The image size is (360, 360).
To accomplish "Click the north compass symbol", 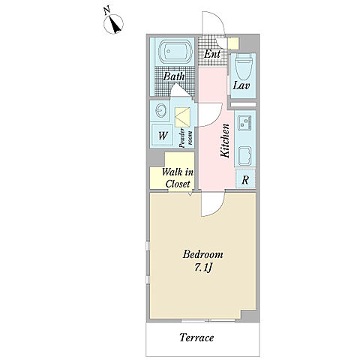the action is pyautogui.click(x=113, y=24).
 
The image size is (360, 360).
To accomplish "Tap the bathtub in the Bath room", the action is pyautogui.click(x=177, y=52).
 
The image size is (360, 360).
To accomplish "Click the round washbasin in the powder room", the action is pyautogui.click(x=160, y=110).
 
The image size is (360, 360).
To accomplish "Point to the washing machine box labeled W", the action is pyautogui.click(x=162, y=135).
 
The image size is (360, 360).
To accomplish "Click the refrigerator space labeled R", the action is pyautogui.click(x=245, y=178).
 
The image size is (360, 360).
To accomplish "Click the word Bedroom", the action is pyautogui.click(x=202, y=255).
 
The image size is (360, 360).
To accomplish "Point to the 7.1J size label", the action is pyautogui.click(x=203, y=268).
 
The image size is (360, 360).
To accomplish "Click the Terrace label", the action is pyautogui.click(x=196, y=337).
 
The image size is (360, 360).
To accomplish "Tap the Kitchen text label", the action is pyautogui.click(x=225, y=140).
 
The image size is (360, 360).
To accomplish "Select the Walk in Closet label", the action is pyautogui.click(x=178, y=178).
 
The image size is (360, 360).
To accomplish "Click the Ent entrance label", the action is pyautogui.click(x=212, y=54).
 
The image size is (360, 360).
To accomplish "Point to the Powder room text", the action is pyautogui.click(x=186, y=138).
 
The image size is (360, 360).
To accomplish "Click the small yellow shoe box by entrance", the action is pyautogui.click(x=233, y=43).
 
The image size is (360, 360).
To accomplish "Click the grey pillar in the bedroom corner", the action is pyautogui.click(x=249, y=315).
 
